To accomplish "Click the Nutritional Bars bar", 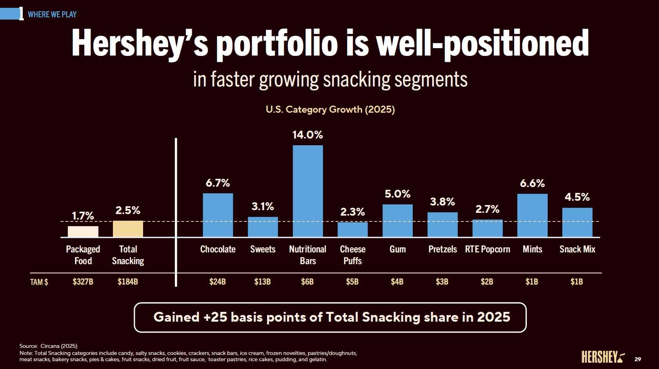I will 308,191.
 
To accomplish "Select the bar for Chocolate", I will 218,215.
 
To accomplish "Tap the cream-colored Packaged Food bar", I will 83,231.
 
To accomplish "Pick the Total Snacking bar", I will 128,229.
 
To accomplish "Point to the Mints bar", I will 532,215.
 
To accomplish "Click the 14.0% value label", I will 308,135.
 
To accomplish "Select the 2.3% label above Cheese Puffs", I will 352,212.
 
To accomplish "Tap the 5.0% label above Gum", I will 398,194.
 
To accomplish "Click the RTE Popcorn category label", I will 487,249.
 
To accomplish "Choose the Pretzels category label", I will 443,249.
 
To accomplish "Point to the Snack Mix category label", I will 577,249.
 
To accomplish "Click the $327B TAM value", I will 83,282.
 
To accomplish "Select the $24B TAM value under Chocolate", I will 218,282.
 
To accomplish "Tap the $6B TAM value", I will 307,282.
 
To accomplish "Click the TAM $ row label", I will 39,282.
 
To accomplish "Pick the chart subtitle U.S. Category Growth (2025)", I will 330,109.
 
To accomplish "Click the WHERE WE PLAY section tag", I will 52,14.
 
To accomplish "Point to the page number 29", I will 638,359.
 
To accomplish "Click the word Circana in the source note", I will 50,346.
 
